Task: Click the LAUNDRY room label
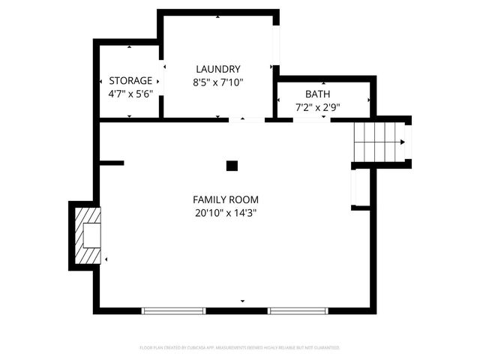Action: tap(217, 68)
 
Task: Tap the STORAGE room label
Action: tap(130, 80)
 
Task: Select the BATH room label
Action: tap(316, 94)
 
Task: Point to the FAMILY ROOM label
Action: tap(226, 199)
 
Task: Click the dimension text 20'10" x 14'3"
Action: tap(226, 213)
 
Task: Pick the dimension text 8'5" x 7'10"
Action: tap(217, 82)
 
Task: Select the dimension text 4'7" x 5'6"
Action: tap(130, 94)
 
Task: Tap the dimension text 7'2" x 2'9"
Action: tap(316, 107)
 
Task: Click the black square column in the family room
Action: tap(232, 166)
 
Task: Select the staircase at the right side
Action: tap(379, 142)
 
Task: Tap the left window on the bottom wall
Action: tap(174, 310)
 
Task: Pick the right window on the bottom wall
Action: tap(298, 310)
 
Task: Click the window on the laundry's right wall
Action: tap(276, 45)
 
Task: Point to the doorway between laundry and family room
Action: tap(247, 119)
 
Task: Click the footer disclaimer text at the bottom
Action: tap(240, 348)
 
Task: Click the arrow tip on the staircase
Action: tap(403, 142)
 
